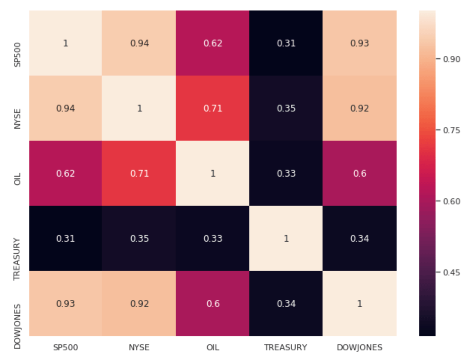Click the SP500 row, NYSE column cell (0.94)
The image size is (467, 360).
pos(139,43)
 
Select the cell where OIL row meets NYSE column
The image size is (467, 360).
pos(139,173)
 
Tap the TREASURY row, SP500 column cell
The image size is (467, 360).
pos(65,238)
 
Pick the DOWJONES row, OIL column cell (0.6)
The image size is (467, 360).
pos(213,303)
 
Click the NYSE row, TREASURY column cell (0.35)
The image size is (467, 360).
pos(286,108)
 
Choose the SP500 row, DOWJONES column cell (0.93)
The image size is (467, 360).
pos(359,43)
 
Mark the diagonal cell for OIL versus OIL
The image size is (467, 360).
pos(213,173)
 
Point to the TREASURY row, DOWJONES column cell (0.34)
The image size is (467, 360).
pos(359,238)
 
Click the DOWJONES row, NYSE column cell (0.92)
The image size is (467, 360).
pos(139,303)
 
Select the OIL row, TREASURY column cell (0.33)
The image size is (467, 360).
pos(286,173)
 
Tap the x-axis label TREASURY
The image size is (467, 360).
pos(286,348)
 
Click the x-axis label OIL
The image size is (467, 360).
pos(213,348)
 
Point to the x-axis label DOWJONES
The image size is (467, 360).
pos(359,348)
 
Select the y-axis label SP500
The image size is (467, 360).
pos(17,55)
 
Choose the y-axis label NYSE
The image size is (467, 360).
pos(17,119)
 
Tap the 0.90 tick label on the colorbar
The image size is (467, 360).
pos(451,59)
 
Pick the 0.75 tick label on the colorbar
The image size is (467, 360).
pos(451,130)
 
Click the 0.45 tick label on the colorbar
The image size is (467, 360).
pos(451,272)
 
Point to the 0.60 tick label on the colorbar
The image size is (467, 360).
pos(451,201)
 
